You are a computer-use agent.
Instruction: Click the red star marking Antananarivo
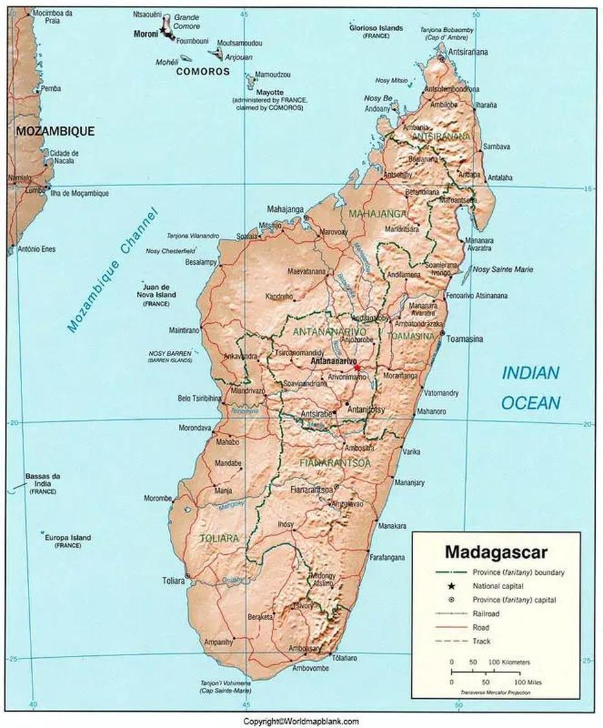pos(357,367)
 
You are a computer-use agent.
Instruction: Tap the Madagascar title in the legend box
pos(495,552)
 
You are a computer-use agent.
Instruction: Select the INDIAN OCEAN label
pos(530,387)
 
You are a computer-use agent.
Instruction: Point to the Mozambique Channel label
pos(112,271)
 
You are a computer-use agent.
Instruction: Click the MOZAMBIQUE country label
pos(55,131)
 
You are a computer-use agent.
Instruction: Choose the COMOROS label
pos(203,71)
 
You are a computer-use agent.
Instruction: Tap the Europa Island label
pos(67,538)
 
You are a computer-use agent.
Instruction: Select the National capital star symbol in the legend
pos(451,586)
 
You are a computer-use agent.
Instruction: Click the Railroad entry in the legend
pos(486,613)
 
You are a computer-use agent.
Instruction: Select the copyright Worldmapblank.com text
pos(301,721)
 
